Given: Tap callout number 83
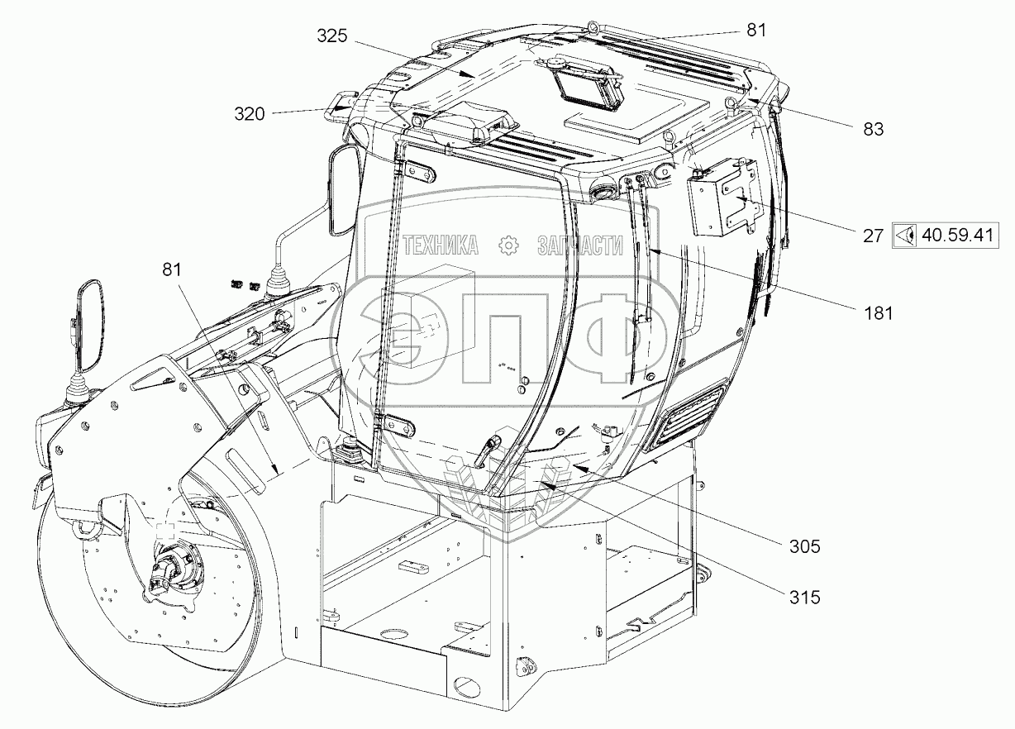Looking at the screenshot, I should [873, 129].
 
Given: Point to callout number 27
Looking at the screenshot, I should [872, 235].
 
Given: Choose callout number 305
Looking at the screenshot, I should [804, 546].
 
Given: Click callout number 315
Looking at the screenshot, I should [804, 597].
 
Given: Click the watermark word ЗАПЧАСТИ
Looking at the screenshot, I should [579, 245].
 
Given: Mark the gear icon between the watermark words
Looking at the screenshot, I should [507, 245].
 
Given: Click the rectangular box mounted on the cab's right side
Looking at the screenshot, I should [722, 198].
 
